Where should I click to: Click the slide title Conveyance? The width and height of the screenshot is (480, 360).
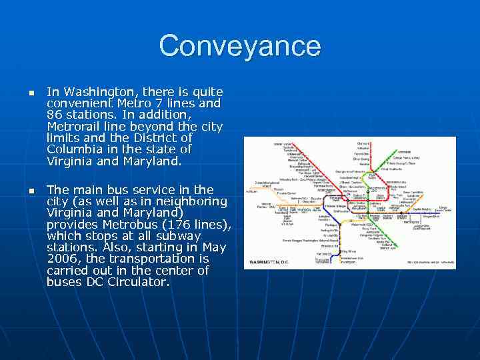240,46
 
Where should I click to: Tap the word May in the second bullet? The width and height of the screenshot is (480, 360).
215,247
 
